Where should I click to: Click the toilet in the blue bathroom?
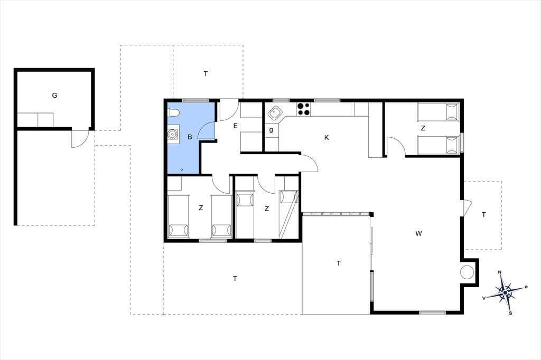pyautogui.click(x=173, y=113)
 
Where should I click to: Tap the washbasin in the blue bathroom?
pyautogui.click(x=173, y=134)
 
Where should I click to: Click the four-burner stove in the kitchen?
pyautogui.click(x=304, y=109)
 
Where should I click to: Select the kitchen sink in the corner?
pyautogui.click(x=275, y=112)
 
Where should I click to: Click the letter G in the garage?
pyautogui.click(x=54, y=95)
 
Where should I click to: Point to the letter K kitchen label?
pyautogui.click(x=327, y=138)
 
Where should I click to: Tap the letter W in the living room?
pyautogui.click(x=418, y=233)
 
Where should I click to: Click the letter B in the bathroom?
pyautogui.click(x=190, y=137)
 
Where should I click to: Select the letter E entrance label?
pyautogui.click(x=235, y=126)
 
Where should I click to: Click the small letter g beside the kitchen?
pyautogui.click(x=271, y=130)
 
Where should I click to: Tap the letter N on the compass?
pyautogui.click(x=500, y=272)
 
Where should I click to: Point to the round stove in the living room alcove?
pyautogui.click(x=467, y=272)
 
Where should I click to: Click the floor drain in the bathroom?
pyautogui.click(x=182, y=169)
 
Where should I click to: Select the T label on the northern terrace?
pyautogui.click(x=206, y=73)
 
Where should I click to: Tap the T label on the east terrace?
pyautogui.click(x=484, y=214)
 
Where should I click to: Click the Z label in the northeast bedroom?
pyautogui.click(x=423, y=128)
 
